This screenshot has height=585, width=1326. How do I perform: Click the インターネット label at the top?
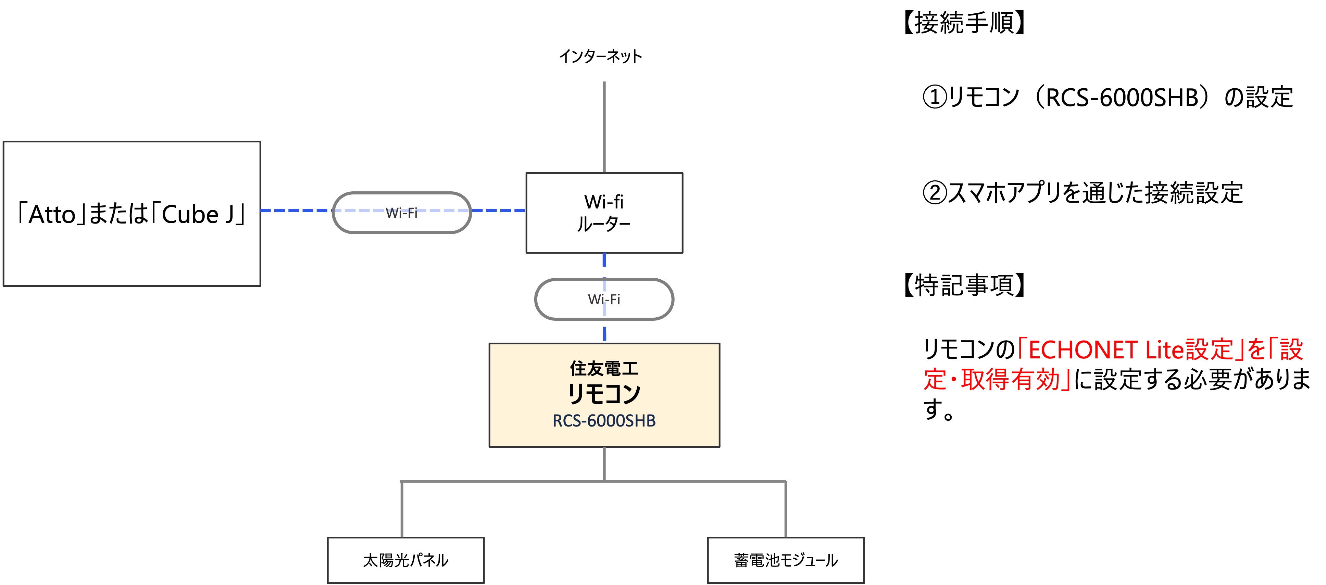click(600, 56)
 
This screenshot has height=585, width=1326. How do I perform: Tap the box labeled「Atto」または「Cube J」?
click(132, 214)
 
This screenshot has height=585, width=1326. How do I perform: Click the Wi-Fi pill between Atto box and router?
click(401, 213)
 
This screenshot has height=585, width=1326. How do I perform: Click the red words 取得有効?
click(1010, 380)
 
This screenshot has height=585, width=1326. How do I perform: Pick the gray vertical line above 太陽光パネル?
click(401, 509)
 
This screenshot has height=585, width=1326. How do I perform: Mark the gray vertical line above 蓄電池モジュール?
click(786, 509)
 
